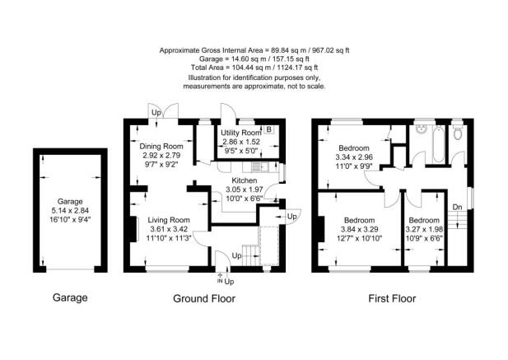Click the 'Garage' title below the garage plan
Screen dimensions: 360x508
pyautogui.click(x=70, y=297)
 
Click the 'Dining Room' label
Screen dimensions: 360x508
pyautogui.click(x=161, y=146)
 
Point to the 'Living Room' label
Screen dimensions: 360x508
pyautogui.click(x=169, y=220)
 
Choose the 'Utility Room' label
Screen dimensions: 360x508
pyautogui.click(x=240, y=133)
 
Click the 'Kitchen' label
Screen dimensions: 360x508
pyautogui.click(x=244, y=180)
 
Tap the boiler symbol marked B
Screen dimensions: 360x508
pyautogui.click(x=268, y=129)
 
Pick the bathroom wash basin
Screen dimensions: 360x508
pyautogui.click(x=422, y=129)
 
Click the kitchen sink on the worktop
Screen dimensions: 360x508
pyautogui.click(x=281, y=170)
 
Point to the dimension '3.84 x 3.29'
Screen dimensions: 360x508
pyautogui.click(x=359, y=230)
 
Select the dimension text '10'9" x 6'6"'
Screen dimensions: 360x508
pyautogui.click(x=425, y=239)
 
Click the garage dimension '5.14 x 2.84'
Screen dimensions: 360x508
pyautogui.click(x=70, y=210)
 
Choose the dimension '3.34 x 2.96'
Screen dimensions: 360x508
pyautogui.click(x=354, y=157)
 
